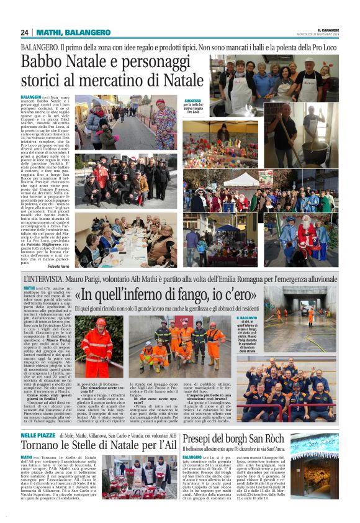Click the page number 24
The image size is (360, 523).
pyautogui.click(x=25, y=32)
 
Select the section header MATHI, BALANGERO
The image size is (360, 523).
pyautogui.click(x=65, y=32)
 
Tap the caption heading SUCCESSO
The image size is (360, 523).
pyautogui.click(x=193, y=100)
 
